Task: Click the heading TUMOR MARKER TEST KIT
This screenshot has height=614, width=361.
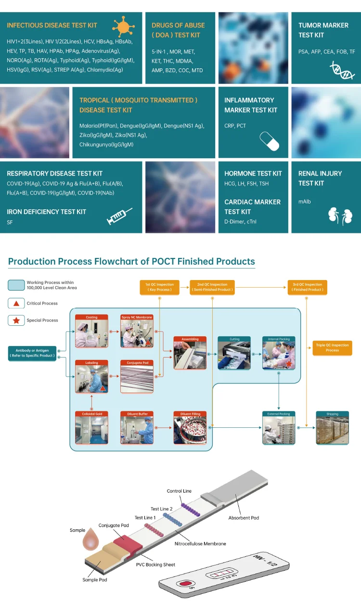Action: point(323,30)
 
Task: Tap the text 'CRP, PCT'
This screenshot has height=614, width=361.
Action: point(235,126)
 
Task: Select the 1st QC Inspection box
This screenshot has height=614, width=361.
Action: point(159,287)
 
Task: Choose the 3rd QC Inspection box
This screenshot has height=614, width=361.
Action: point(307,287)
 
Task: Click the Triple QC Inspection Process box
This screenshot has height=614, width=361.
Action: point(332,347)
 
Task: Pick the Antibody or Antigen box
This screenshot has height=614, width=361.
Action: point(32,353)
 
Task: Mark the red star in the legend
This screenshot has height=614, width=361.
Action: point(16,320)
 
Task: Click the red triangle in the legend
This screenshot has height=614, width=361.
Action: point(16,304)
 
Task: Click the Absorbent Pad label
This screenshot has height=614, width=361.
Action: point(244,518)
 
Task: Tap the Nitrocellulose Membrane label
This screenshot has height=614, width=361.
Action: point(200,543)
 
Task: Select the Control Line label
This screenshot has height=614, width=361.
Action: point(179,491)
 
